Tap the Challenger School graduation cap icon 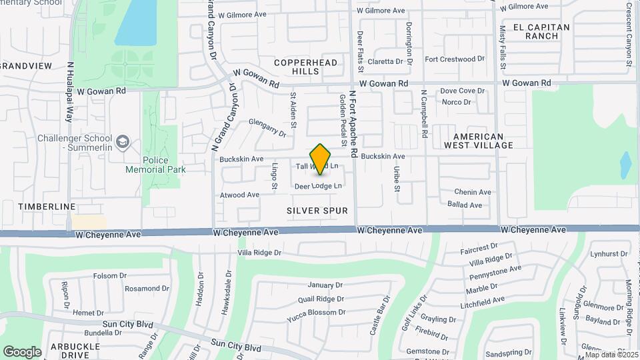123,141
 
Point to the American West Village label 479,140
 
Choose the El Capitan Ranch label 542,31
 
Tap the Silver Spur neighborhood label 317,211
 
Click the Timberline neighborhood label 47,207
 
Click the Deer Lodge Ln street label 318,186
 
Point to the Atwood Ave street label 240,195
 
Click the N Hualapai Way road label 69,91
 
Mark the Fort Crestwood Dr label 455,59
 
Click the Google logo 22,351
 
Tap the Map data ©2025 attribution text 611,355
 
